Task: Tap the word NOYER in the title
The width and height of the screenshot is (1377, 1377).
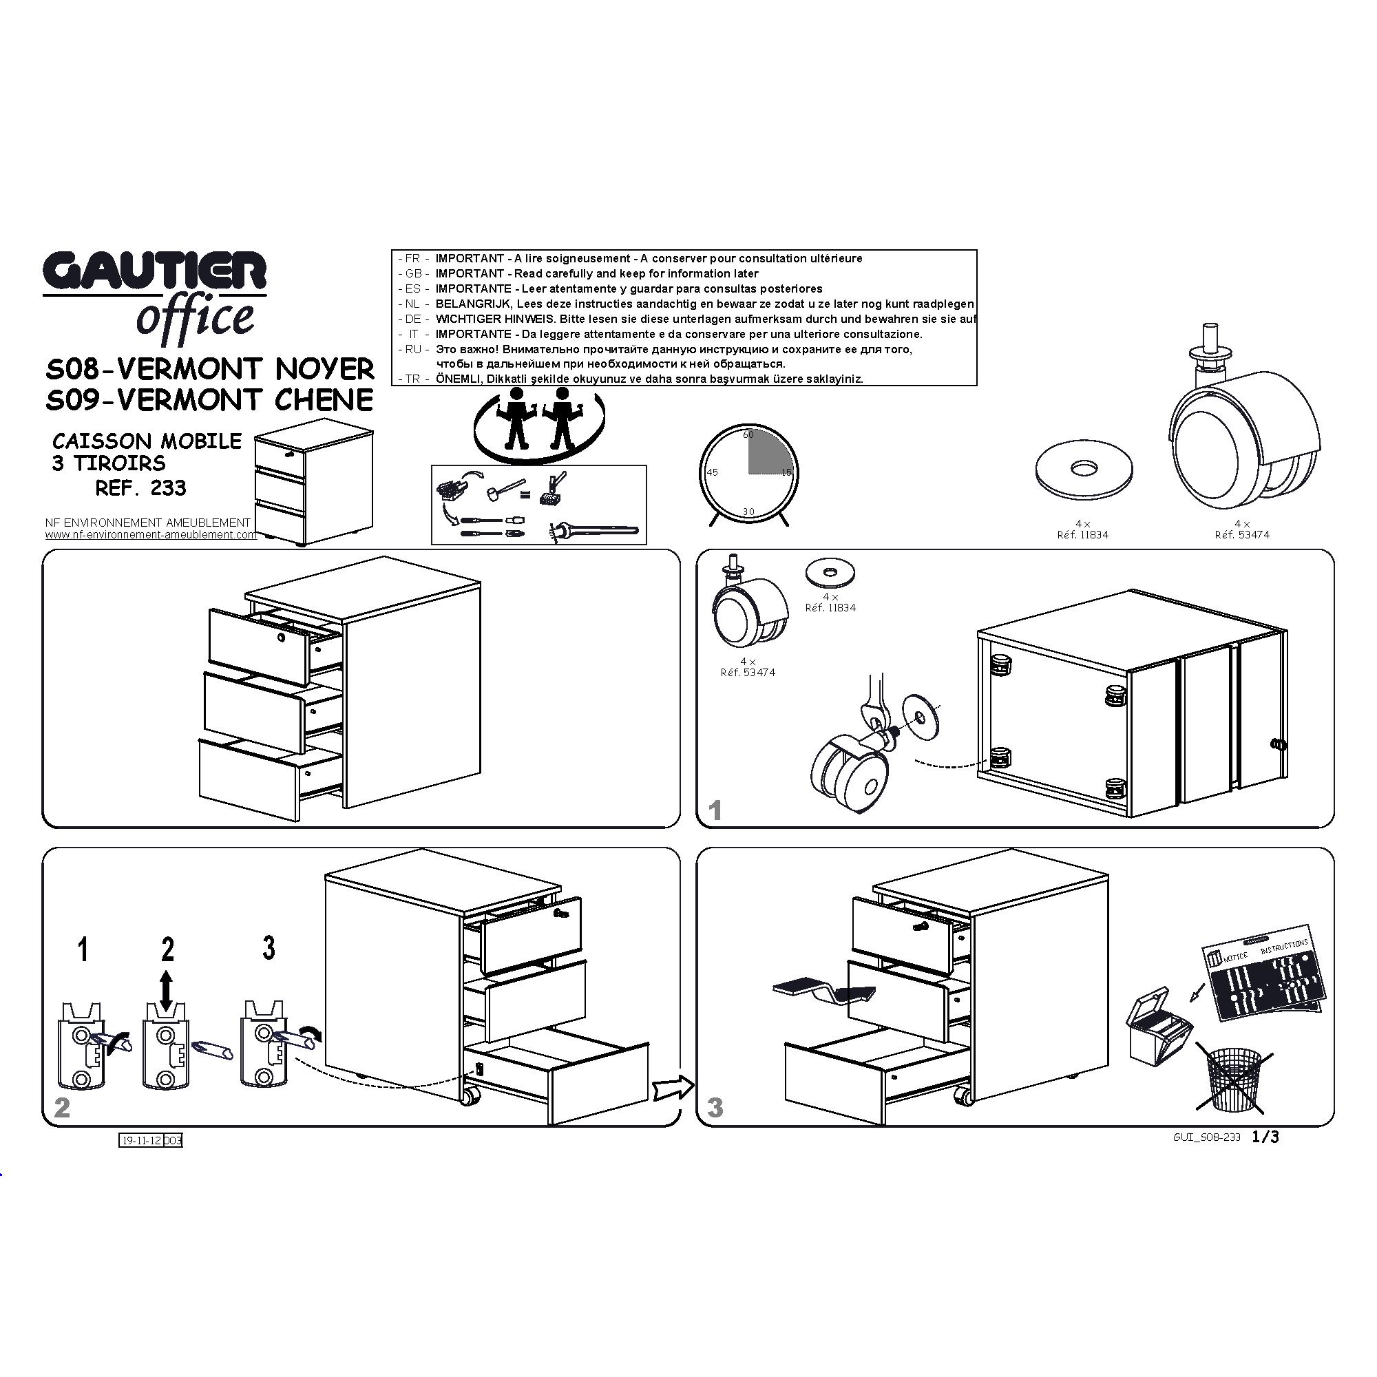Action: [x=324, y=369]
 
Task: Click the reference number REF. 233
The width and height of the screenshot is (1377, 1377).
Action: [x=141, y=488]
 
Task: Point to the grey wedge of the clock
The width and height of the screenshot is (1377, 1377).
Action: [x=770, y=452]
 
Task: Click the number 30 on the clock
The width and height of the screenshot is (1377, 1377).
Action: [x=748, y=512]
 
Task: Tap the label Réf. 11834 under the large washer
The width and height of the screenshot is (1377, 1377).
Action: [x=1082, y=534]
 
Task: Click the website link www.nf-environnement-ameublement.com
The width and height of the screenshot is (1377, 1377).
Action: [x=151, y=534]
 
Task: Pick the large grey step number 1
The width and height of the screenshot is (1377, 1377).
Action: [x=715, y=810]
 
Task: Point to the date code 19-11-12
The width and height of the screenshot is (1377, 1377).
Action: [x=141, y=1140]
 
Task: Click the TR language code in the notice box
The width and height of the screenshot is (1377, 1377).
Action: [x=412, y=379]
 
